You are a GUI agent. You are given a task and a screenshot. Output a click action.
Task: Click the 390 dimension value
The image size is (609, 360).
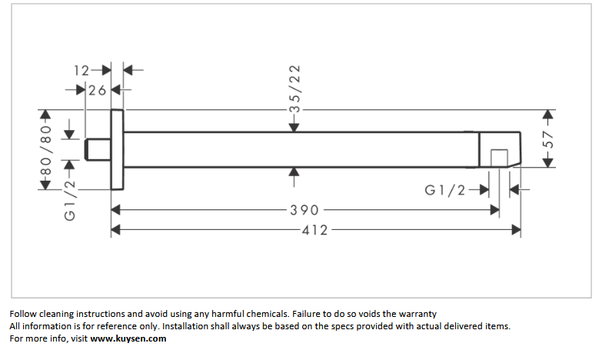click(x=304, y=210)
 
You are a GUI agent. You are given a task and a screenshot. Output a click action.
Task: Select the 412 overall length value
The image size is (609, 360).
click(x=314, y=230)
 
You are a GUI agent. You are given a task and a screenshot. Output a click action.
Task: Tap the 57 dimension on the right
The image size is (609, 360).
click(x=547, y=139)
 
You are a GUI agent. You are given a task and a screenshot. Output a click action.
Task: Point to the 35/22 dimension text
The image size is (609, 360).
click(x=295, y=89)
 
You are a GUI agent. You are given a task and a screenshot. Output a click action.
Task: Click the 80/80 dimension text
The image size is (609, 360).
click(x=46, y=150)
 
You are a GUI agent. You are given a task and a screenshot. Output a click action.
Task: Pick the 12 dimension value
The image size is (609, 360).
click(x=82, y=71)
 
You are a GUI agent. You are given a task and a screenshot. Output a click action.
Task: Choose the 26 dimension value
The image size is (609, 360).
click(x=97, y=91)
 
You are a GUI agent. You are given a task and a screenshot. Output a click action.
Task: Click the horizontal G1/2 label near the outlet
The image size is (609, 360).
click(x=444, y=190)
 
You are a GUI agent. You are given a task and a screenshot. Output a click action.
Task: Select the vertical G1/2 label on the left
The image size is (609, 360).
click(x=69, y=201)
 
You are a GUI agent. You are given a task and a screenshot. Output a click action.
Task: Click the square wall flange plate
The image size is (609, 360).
click(x=118, y=149)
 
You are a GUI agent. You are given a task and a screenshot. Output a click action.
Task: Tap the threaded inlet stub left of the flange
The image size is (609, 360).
click(x=98, y=149)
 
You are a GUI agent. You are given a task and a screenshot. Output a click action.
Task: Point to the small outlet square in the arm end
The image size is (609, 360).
click(x=499, y=158)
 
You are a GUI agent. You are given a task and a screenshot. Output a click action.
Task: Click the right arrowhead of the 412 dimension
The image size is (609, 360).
click(x=516, y=230)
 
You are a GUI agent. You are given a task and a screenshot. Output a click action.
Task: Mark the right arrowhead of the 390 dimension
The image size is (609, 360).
click(x=495, y=210)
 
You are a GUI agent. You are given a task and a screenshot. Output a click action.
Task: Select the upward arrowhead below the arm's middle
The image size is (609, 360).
click(x=294, y=172)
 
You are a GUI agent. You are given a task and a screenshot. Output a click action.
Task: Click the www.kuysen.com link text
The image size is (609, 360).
click(x=128, y=338)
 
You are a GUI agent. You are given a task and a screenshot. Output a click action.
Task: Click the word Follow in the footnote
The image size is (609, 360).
click(x=22, y=314)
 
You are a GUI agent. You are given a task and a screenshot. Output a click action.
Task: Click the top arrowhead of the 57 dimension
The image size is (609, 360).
click(x=547, y=114)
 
